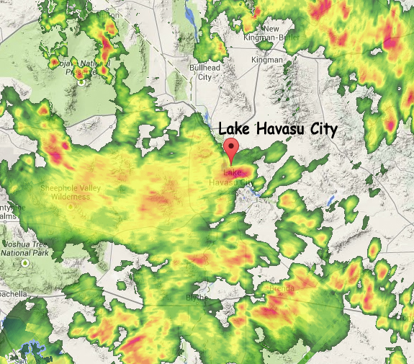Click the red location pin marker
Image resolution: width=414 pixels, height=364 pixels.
230,150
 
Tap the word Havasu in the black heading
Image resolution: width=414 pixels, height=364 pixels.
278,128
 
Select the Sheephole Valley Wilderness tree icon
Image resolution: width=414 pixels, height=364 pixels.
71,206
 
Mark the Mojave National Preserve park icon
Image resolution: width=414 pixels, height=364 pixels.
81,81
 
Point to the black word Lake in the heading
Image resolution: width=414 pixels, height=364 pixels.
233,128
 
